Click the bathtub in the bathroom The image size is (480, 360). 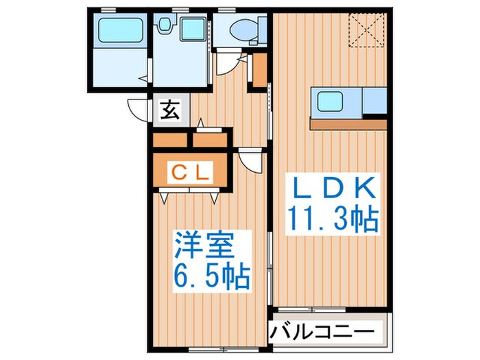pyautogui.click(x=120, y=32)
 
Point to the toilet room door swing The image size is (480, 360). pyautogui.click(x=228, y=66)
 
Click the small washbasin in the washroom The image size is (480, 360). pyautogui.click(x=165, y=25)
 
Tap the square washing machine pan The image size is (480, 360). pyautogui.click(x=193, y=30)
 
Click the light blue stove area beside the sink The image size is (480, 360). pyautogui.click(x=374, y=101)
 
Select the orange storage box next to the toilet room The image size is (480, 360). pyautogui.click(x=259, y=71)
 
